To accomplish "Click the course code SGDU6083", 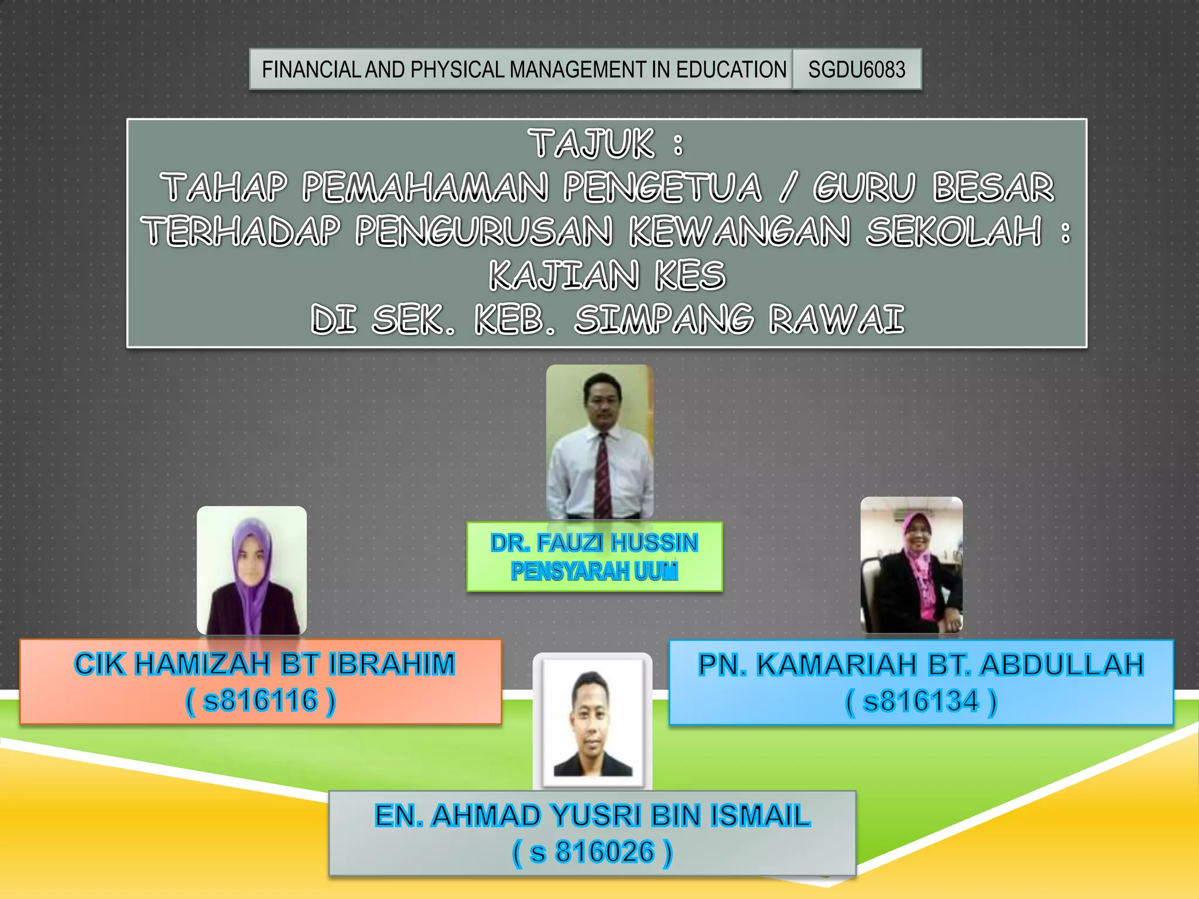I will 857,70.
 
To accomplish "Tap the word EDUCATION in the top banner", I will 731,70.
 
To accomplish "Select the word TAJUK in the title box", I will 591,144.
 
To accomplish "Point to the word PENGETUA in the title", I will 662,188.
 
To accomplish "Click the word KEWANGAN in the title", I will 739,231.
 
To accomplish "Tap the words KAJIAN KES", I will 607,276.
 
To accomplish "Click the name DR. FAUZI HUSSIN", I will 594,543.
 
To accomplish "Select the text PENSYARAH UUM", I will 594,571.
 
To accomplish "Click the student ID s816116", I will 261,701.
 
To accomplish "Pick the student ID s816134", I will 921,701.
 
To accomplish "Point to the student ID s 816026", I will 592,852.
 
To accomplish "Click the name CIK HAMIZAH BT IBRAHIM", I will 265,664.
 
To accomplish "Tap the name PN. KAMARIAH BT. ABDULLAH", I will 921,665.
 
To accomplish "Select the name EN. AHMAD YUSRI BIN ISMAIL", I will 592,816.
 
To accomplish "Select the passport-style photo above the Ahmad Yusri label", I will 592,722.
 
